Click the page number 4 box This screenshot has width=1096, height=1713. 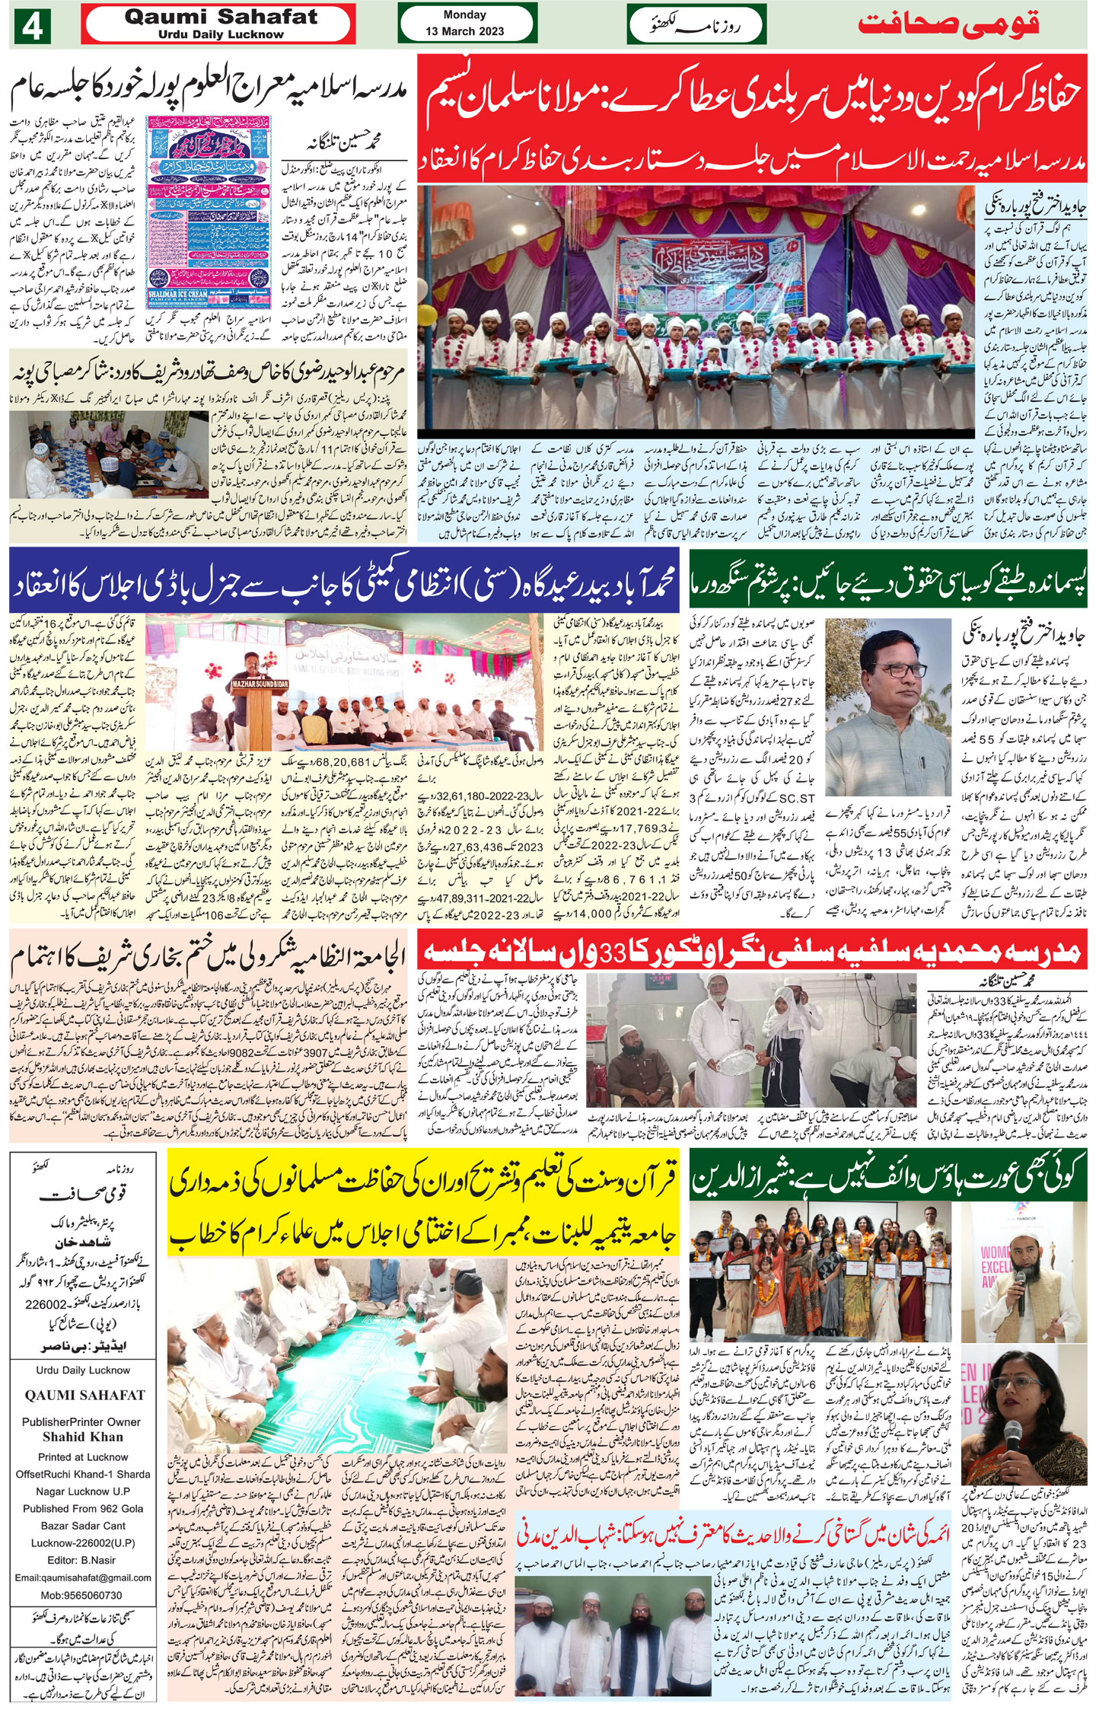coord(32,26)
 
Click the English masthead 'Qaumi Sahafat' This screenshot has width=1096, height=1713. coord(220,18)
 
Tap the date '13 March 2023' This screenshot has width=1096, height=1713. coord(464,31)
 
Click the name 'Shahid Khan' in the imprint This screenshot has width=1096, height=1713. coord(82,1437)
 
